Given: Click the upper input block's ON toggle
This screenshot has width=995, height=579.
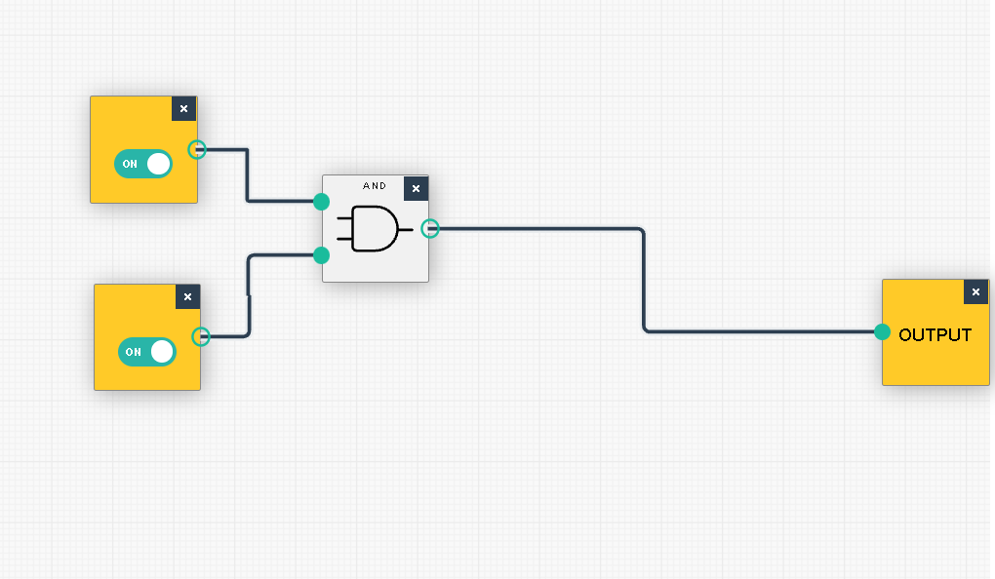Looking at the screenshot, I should click(142, 164).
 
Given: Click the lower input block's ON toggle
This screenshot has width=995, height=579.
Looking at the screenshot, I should click(146, 352).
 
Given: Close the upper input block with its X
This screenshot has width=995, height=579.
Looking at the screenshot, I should click(183, 108).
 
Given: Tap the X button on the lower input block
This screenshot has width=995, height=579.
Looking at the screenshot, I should click(187, 296).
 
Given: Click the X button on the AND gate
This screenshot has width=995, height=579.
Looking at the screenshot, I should click(416, 188).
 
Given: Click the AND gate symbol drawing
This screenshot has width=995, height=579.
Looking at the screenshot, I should click(374, 229).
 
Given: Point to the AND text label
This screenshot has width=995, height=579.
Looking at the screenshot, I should click(375, 185).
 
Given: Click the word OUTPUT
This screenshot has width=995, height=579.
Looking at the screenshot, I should click(935, 335).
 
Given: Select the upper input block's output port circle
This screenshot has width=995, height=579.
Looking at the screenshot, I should click(197, 149).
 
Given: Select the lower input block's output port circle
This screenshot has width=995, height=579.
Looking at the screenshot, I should click(201, 336).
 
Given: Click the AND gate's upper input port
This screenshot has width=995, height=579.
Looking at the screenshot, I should click(321, 202).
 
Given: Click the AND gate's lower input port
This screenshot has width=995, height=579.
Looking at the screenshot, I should click(321, 255).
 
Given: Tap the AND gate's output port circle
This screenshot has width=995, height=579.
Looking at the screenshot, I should click(430, 228).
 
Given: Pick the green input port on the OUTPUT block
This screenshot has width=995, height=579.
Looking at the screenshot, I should click(882, 331).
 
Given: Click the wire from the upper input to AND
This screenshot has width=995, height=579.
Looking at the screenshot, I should click(248, 175).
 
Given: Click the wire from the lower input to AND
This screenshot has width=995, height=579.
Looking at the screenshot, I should click(250, 292).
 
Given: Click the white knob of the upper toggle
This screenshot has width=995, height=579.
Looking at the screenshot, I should click(158, 164).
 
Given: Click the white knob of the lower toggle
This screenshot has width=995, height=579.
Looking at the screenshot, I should click(162, 352).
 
